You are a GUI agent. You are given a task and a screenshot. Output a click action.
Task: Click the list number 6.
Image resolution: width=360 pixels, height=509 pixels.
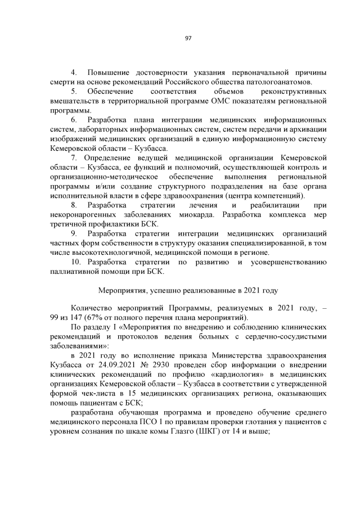point(74,120)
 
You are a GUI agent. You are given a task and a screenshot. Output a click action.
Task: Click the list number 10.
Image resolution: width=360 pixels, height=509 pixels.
point(76,263)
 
